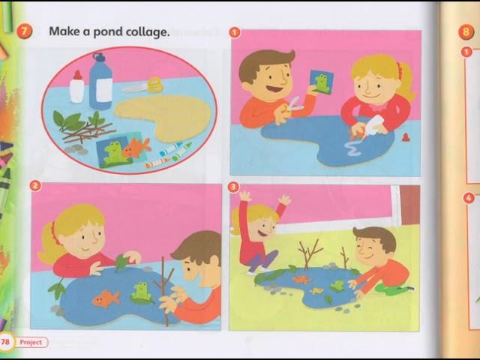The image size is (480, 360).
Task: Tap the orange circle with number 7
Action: point(24,31)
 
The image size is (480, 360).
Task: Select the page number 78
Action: point(5,341)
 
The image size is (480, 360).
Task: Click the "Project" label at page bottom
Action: point(31,342)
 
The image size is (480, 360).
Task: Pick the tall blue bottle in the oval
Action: point(100,82)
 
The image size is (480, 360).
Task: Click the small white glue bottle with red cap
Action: point(76,87)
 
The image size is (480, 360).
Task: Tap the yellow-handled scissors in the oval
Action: point(143,85)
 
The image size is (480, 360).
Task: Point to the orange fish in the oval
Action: point(136,147)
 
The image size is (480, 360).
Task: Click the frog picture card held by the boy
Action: point(321,82)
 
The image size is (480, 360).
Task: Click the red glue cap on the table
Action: point(406,137)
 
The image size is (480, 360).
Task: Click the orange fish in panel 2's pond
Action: point(106,298)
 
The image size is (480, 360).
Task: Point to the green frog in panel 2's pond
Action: point(141,292)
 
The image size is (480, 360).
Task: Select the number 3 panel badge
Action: point(233,187)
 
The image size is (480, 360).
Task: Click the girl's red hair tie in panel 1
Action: point(400,70)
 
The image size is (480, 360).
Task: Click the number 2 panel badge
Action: point(35,185)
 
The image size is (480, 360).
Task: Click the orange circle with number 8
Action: point(466,32)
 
